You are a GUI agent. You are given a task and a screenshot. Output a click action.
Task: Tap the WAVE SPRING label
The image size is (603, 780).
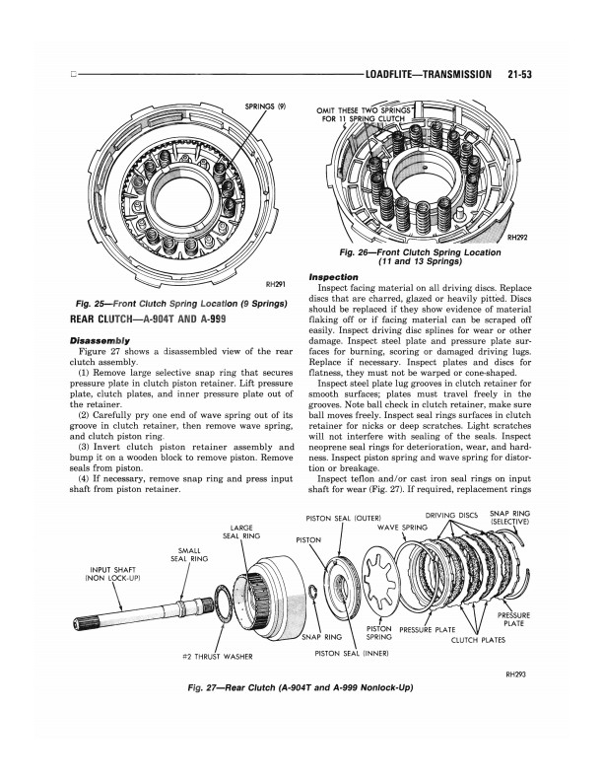coord(401,528)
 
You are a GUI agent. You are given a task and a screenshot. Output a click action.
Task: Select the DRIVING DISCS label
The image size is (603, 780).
coord(451,515)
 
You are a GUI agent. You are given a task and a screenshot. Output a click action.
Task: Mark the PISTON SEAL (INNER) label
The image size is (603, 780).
coord(349,652)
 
